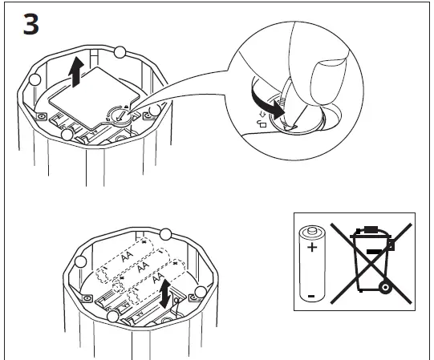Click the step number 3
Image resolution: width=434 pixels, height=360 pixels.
click(x=30, y=24)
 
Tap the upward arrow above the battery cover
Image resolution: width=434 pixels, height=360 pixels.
click(x=76, y=72)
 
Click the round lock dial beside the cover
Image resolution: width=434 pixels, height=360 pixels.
click(x=120, y=115)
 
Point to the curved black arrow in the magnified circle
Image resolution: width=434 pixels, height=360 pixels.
click(x=266, y=103)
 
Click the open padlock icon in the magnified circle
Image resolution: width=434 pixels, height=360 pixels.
click(x=262, y=123)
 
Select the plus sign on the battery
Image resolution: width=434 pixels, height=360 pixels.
click(x=312, y=247)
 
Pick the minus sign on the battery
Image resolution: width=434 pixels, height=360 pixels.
click(x=311, y=296)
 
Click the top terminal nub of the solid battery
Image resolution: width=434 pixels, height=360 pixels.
click(x=312, y=229)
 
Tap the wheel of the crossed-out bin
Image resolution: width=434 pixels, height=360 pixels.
click(x=385, y=288)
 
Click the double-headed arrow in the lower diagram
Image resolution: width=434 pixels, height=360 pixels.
click(x=165, y=293)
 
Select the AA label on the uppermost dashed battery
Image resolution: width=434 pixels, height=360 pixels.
click(x=128, y=256)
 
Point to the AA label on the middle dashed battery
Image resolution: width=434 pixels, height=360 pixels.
click(x=143, y=266)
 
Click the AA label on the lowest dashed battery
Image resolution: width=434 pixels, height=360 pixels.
click(x=158, y=277)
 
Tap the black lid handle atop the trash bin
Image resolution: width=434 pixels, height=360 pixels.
click(x=371, y=229)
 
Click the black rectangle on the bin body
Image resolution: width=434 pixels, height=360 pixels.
click(x=374, y=252)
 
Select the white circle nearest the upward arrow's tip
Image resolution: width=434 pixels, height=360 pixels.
click(x=120, y=52)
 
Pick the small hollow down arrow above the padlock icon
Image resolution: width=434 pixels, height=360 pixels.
click(x=262, y=115)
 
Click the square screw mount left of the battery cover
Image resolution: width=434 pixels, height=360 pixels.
click(x=42, y=116)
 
